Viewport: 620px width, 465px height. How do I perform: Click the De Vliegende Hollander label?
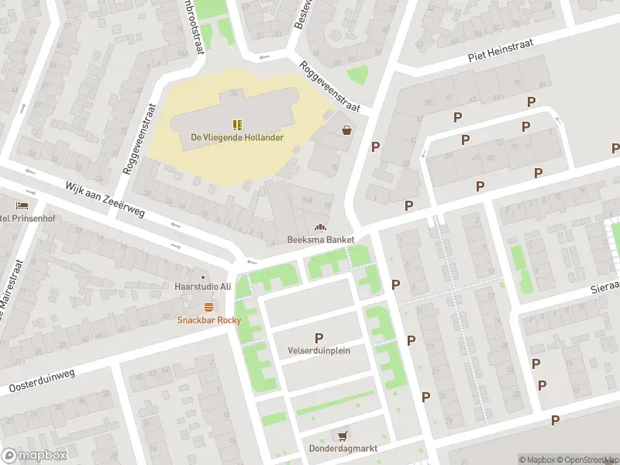click(237, 138)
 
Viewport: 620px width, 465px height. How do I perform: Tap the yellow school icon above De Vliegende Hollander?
click(237, 124)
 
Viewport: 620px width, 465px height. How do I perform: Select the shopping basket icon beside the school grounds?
click(346, 130)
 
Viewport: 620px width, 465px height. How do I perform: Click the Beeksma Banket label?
click(320, 239)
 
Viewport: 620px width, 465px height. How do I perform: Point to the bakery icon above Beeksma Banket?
click(319, 227)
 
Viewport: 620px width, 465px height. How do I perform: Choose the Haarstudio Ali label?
click(203, 287)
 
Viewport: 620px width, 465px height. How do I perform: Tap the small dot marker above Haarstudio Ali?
click(203, 276)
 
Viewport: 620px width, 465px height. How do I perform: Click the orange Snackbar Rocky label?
click(209, 320)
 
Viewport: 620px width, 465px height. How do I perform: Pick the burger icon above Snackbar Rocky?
click(208, 307)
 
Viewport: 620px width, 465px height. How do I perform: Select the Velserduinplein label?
click(319, 350)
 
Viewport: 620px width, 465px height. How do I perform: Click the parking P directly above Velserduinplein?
click(319, 337)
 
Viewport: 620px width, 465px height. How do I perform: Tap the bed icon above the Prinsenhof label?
click(22, 205)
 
